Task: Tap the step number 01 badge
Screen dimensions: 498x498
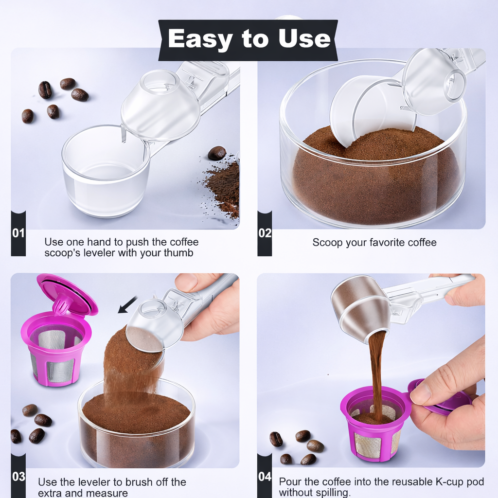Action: [x=18, y=233]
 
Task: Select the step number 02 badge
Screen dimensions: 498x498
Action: [x=265, y=233]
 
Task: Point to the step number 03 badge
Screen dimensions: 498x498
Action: [x=18, y=476]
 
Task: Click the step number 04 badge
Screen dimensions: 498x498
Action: [x=265, y=476]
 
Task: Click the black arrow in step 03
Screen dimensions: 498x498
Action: [x=128, y=305]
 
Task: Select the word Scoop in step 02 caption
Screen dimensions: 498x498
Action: [x=328, y=242]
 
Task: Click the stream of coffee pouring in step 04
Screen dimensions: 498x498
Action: [x=376, y=370]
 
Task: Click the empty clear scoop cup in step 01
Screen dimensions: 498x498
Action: [x=106, y=170]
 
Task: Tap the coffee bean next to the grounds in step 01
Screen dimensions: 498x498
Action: [x=216, y=153]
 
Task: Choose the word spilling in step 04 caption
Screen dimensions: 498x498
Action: [x=331, y=492]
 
